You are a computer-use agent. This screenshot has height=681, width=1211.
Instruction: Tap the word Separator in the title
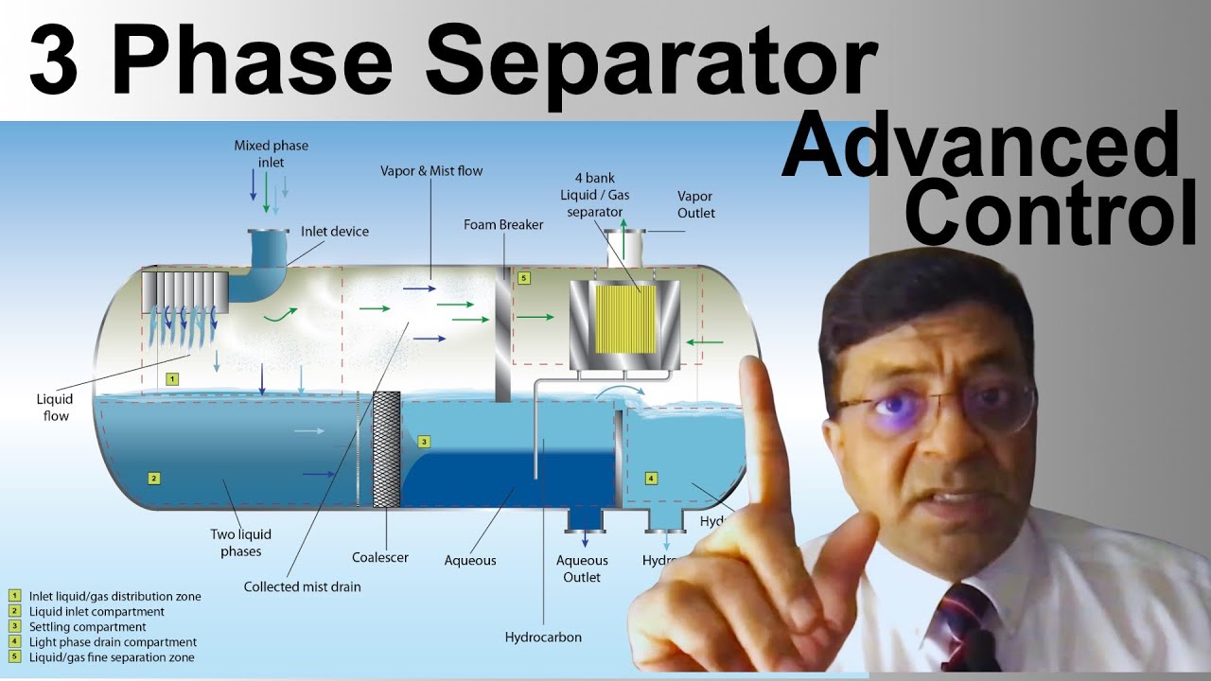click(x=652, y=61)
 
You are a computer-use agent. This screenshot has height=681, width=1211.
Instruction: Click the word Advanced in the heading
click(x=979, y=149)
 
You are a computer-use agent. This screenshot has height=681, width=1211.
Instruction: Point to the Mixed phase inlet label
click(x=271, y=154)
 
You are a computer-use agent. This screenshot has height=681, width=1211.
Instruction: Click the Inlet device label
click(x=335, y=232)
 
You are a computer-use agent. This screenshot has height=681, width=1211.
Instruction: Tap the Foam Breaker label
click(x=503, y=225)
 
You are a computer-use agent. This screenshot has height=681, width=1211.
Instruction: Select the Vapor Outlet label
click(x=696, y=204)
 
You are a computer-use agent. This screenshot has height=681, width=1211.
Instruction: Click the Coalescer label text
click(x=380, y=557)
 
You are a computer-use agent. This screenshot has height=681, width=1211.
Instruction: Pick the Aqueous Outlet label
click(x=582, y=568)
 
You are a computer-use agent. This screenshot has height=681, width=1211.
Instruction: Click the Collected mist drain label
click(x=302, y=586)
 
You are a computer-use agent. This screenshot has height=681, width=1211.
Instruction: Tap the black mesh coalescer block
click(x=387, y=449)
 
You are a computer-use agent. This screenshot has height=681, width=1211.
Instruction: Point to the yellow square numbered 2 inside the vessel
click(x=153, y=478)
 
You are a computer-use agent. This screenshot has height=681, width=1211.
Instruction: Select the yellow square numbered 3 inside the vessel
click(x=425, y=441)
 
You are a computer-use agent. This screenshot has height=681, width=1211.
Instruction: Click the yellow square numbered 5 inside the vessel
click(x=524, y=278)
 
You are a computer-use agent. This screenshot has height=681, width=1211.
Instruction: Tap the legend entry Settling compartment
click(x=87, y=627)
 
